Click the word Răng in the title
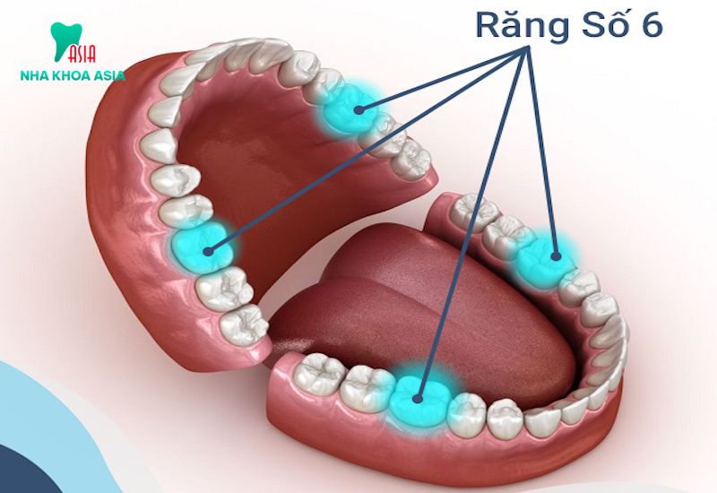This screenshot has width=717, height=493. click(x=523, y=27)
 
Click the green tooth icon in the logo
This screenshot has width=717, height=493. click(x=65, y=40)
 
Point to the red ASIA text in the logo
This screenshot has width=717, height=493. click(x=82, y=54)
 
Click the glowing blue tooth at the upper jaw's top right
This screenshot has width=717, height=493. click(x=349, y=108)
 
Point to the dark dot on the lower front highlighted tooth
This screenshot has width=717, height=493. click(x=417, y=399)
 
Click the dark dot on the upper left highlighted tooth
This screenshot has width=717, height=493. click(x=209, y=251)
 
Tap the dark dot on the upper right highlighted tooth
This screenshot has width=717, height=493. click(x=359, y=109)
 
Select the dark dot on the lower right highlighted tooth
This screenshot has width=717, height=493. click(x=556, y=256)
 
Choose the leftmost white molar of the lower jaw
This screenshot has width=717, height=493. click(x=319, y=373)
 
